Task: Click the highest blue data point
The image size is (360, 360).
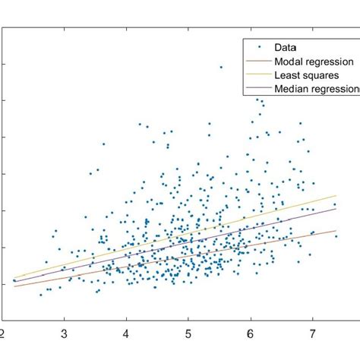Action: click(x=221, y=67)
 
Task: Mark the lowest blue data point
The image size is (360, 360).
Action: click(x=41, y=295)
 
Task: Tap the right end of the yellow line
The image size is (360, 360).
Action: click(x=336, y=195)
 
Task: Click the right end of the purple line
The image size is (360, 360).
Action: click(x=336, y=210)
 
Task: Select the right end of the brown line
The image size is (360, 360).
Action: click(x=336, y=231)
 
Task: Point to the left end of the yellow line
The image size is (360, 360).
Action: click(x=14, y=278)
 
